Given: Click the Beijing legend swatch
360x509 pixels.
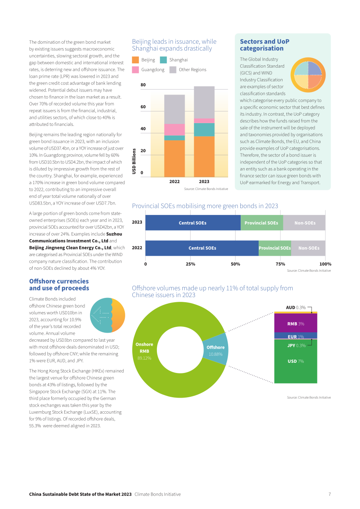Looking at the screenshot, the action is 135,60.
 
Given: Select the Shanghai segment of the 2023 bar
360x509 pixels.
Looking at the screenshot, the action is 204,129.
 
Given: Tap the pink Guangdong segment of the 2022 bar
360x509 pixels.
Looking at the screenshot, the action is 175,130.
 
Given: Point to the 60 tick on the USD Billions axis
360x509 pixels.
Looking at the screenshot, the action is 143,107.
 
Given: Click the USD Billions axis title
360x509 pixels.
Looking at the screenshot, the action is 134,161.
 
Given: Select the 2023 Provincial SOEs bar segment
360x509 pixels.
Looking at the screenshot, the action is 262,223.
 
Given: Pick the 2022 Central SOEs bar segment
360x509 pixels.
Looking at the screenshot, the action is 202,248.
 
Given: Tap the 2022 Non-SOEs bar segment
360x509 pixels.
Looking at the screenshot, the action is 308,248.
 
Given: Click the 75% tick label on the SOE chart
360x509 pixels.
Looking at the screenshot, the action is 280,264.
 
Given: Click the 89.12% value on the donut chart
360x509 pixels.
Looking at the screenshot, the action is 144,358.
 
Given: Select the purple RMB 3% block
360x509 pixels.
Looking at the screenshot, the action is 296,323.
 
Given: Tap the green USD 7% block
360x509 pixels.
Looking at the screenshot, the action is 296,361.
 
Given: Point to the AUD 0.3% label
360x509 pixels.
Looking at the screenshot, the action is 296,307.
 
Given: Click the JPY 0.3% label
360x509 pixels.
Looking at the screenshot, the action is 296,346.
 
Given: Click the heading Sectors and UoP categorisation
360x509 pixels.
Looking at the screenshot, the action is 265,45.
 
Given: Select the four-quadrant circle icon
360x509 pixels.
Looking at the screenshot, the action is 308,75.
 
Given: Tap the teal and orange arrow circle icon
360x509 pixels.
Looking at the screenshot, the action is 107,315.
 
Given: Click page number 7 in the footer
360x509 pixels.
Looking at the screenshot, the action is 329,494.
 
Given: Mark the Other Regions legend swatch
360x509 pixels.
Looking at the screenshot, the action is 173,70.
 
